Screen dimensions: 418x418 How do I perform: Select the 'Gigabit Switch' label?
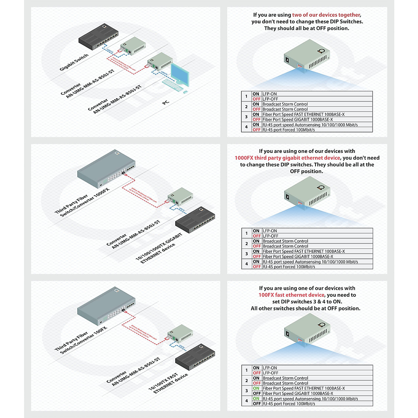[74, 62]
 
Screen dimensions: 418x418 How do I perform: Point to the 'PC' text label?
[166, 102]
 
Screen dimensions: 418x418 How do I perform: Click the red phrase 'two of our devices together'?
[326, 15]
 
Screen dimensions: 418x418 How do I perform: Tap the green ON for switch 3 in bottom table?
[256, 388]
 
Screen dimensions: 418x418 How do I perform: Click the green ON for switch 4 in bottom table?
[256, 399]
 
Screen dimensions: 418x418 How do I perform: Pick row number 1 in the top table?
[246, 96]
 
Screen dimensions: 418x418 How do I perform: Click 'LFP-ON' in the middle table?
[270, 231]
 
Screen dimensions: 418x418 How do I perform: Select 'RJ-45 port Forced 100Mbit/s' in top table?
[288, 130]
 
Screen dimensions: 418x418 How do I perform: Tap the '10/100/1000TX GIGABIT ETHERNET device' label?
[159, 248]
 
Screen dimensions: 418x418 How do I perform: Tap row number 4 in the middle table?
[247, 264]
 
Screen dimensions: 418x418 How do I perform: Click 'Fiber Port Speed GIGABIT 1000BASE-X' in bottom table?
[298, 394]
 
